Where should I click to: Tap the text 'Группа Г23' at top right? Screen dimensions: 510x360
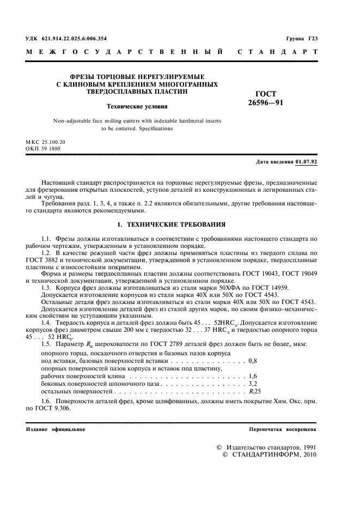301,38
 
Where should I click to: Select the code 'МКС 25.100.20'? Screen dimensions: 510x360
45,142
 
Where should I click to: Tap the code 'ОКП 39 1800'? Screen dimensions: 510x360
43,148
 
